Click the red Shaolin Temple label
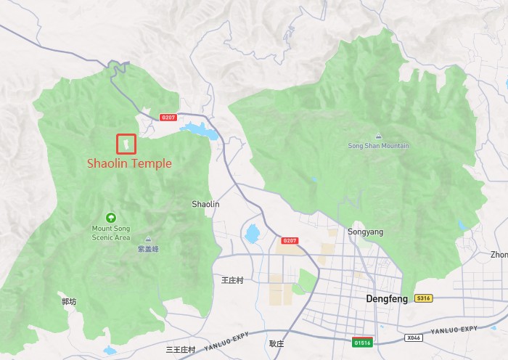[x=129, y=163]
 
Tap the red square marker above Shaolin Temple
[x=126, y=144]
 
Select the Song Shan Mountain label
[x=378, y=146]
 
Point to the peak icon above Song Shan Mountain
[x=378, y=136]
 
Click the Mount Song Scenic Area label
[x=111, y=233]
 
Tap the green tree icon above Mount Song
[x=111, y=217]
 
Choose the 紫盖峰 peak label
[x=148, y=249]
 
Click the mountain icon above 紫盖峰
[x=148, y=239]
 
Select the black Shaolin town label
[x=205, y=205]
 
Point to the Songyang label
[x=365, y=232]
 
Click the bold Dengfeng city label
[x=381, y=298]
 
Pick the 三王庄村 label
[x=181, y=350]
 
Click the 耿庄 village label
[x=276, y=344]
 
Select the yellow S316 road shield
[x=423, y=298]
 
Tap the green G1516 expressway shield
[x=362, y=341]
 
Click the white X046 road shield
[x=413, y=337]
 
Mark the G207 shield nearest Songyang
[x=290, y=240]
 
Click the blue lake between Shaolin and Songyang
[x=252, y=234]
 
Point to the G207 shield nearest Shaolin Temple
[x=168, y=117]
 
